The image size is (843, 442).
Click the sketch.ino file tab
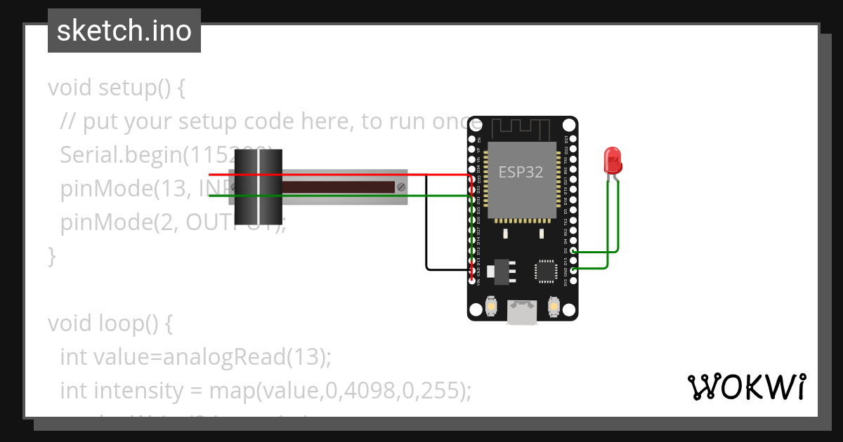tap(124, 31)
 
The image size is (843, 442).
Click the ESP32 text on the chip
tap(521, 172)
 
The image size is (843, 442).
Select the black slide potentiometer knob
tap(258, 187)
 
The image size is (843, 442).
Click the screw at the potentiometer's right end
tap(400, 187)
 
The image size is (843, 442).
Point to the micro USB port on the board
tap(522, 312)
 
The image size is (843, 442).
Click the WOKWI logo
tap(745, 387)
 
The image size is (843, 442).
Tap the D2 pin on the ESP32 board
tap(574, 250)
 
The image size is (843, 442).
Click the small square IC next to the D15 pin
tap(546, 271)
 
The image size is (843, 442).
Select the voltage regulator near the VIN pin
tap(500, 271)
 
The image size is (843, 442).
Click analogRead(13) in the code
tap(246, 356)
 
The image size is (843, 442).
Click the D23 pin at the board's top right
tap(574, 139)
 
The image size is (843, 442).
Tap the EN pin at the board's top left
tap(471, 139)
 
